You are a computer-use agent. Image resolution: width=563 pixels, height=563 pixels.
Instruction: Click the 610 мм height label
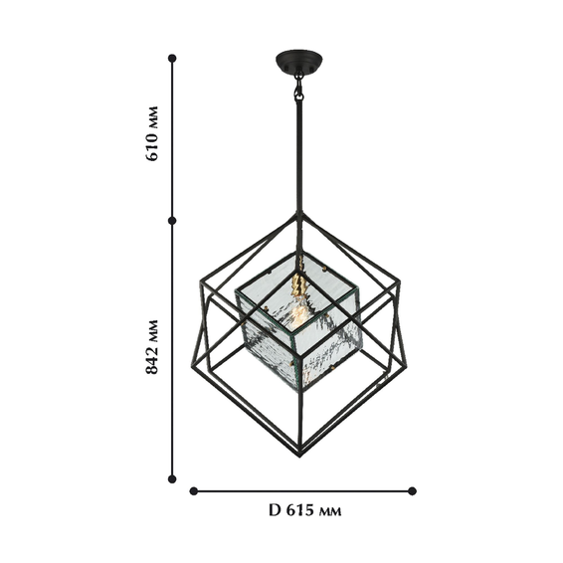(151, 133)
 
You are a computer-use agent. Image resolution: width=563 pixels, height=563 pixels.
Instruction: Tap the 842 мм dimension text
(151, 347)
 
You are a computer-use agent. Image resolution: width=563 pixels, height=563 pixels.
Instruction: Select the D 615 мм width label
(305, 510)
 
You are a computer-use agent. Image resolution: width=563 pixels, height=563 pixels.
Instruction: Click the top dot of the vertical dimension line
(172, 58)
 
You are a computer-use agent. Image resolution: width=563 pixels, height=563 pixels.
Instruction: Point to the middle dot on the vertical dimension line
(172, 221)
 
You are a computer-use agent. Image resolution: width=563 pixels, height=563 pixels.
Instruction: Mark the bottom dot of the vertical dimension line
(172, 478)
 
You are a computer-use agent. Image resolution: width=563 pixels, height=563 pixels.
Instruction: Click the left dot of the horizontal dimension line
(194, 490)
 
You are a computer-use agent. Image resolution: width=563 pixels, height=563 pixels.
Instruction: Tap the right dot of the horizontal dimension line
(412, 490)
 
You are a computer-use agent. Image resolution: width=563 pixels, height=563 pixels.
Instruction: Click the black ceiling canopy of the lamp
(298, 62)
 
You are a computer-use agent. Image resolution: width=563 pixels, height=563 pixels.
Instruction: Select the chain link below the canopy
(298, 90)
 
